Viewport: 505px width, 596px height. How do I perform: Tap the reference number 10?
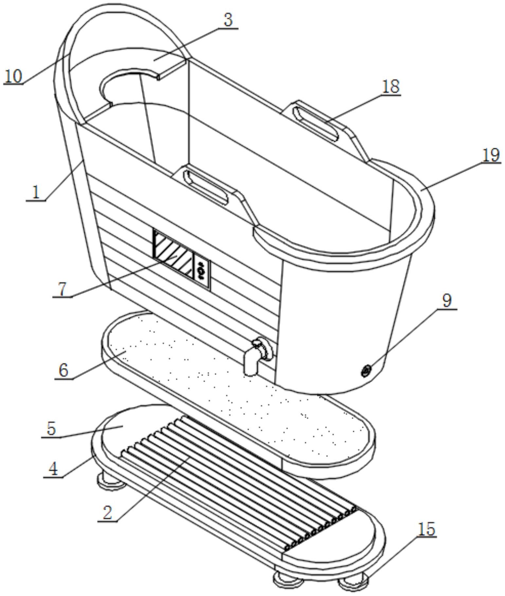tap(13, 76)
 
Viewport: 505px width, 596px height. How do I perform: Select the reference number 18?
tap(391, 87)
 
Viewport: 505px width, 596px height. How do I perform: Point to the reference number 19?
tap(491, 155)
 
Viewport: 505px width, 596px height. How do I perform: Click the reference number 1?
tap(36, 193)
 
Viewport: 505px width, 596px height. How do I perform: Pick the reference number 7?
tap(63, 289)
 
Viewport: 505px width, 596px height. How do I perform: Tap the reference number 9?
tap(446, 300)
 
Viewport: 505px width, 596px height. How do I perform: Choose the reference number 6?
tap(64, 370)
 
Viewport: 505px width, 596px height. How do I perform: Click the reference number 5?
tap(51, 429)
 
